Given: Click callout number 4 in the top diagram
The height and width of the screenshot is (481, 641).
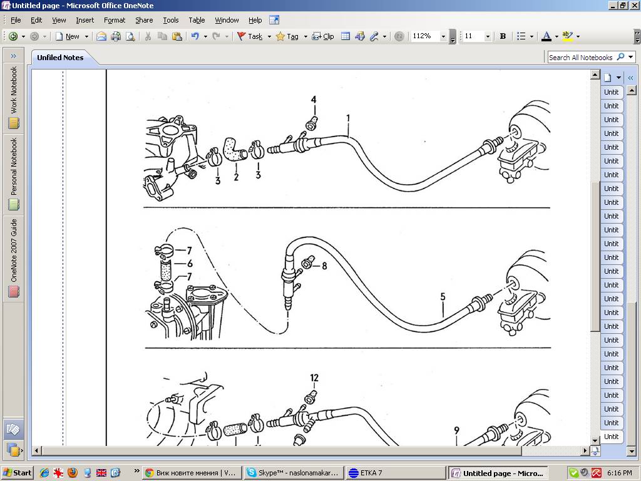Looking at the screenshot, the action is [x=314, y=100].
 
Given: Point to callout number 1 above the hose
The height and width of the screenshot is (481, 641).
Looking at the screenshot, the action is [x=348, y=118].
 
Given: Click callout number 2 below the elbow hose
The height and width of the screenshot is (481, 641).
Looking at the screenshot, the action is [x=236, y=177].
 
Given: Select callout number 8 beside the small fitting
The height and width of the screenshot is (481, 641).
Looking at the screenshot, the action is [x=325, y=266].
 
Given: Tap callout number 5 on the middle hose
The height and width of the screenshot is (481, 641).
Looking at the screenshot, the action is [x=443, y=296].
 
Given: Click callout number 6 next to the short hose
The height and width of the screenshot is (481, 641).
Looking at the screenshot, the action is [x=190, y=264].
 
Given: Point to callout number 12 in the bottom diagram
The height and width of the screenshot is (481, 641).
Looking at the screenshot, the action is [x=314, y=378].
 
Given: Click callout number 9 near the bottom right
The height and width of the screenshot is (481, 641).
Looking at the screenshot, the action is [x=456, y=430].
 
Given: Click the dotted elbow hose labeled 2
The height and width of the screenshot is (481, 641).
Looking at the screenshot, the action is [x=234, y=150].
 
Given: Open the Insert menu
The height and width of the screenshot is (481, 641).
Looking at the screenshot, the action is [x=85, y=20].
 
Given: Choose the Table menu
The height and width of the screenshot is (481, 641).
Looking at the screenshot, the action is [x=197, y=20].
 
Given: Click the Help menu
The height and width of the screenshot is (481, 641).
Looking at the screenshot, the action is [x=255, y=20].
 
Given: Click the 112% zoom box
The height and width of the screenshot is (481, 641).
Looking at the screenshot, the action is [x=425, y=36].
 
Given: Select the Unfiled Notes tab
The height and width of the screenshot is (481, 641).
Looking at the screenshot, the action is [x=60, y=58].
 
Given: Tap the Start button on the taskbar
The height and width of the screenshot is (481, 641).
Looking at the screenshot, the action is [x=17, y=473].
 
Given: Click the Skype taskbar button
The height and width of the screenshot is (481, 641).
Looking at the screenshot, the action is [x=294, y=473].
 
